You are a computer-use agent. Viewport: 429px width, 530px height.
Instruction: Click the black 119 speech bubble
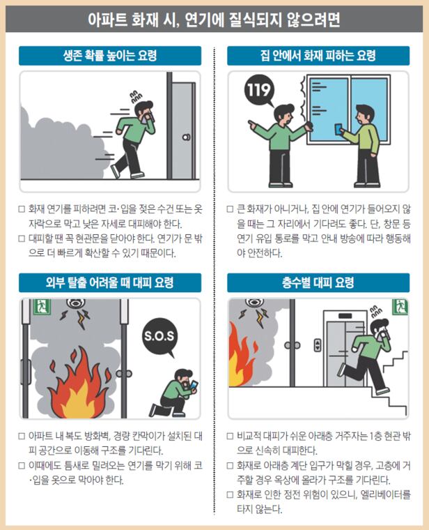pyautogui.click(x=259, y=90)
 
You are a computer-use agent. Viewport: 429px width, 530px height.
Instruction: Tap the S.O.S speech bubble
pyautogui.click(x=159, y=335)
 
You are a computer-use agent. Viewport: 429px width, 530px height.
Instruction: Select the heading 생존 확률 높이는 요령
pyautogui.click(x=110, y=56)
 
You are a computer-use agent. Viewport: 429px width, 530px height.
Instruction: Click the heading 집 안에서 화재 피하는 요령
pyautogui.click(x=318, y=56)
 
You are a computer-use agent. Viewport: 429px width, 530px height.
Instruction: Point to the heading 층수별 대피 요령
pyautogui.click(x=318, y=283)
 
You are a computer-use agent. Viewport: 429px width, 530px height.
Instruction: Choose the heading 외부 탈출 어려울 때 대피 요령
pyautogui.click(x=110, y=283)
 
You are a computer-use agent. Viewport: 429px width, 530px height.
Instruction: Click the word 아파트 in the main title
pyautogui.click(x=108, y=20)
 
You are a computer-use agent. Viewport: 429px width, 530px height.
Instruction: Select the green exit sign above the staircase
pyautogui.click(x=400, y=307)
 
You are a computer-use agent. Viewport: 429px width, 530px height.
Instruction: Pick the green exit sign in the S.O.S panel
pyautogui.click(x=42, y=307)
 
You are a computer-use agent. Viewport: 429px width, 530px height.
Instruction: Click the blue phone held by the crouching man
pyautogui.click(x=194, y=386)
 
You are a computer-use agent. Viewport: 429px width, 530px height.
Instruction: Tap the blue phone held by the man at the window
pyautogui.click(x=338, y=129)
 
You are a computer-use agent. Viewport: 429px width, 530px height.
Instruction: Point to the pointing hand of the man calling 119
pyautogui.click(x=252, y=124)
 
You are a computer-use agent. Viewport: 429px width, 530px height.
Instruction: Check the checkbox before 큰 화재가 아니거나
pyautogui.click(x=231, y=209)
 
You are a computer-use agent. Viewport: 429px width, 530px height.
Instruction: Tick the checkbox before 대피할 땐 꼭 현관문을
pyautogui.click(x=22, y=238)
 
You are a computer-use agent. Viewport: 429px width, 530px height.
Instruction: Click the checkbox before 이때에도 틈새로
pyautogui.click(x=22, y=466)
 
